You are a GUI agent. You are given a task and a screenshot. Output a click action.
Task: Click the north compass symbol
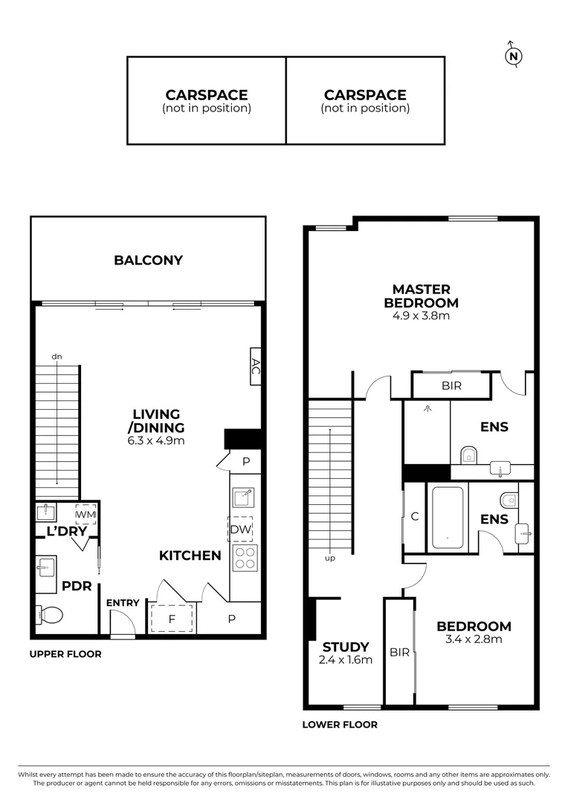[x=513, y=56]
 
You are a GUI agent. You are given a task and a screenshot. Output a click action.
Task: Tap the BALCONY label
[x=148, y=260]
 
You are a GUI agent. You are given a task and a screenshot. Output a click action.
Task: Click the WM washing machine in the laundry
[x=85, y=514]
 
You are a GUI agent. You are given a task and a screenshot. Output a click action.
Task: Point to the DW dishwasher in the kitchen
[x=239, y=529]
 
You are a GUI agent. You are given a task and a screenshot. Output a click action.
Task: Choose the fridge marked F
[x=172, y=618]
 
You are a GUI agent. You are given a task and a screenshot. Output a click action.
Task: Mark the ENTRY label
[x=123, y=603]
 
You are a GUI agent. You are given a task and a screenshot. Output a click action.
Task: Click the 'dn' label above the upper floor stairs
[x=56, y=357]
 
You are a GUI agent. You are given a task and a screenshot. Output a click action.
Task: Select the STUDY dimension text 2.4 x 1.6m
[x=346, y=659]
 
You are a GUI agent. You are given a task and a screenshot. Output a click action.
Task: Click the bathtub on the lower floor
[x=447, y=518]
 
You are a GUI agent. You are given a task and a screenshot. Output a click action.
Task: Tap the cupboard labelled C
[x=413, y=517]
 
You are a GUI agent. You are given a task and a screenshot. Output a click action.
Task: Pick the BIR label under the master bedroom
[x=451, y=386]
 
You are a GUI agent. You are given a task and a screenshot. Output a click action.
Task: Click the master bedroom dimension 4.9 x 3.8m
[x=421, y=316]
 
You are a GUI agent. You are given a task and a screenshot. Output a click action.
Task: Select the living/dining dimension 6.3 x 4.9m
[x=157, y=440]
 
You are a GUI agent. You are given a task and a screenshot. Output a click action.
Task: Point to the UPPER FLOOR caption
[x=65, y=654]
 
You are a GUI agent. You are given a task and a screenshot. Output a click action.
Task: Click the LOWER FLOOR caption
[x=340, y=725]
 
